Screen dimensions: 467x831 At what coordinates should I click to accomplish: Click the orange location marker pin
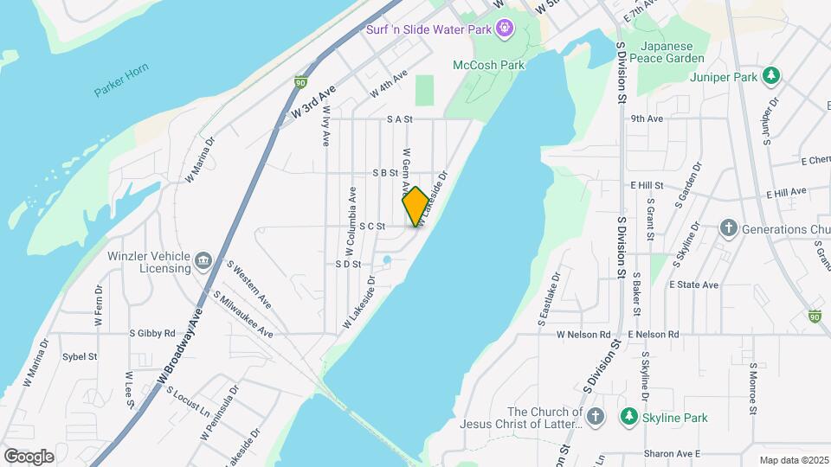(x=415, y=206)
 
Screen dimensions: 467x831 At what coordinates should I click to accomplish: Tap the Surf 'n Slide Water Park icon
(x=505, y=29)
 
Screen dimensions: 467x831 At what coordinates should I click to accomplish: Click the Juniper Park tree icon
(x=770, y=76)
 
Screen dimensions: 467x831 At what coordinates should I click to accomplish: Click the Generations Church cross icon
(x=729, y=229)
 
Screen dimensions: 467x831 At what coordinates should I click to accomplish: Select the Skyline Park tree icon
(x=629, y=418)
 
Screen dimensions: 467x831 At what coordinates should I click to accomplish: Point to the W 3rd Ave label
(x=313, y=102)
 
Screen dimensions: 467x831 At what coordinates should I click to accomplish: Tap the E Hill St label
(x=647, y=185)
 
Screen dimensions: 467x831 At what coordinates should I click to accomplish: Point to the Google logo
(x=29, y=456)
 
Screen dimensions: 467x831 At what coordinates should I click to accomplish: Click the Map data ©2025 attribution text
(x=793, y=460)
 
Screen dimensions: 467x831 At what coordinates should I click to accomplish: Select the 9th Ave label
(x=647, y=118)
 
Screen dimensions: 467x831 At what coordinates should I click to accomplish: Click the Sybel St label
(x=80, y=355)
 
